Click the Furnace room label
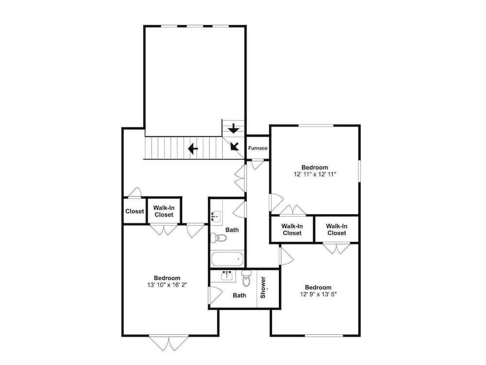pyautogui.click(x=258, y=148)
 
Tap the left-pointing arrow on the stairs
pyautogui.click(x=193, y=148)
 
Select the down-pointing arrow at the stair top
pyautogui.click(x=233, y=128)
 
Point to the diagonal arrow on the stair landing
pyautogui.click(x=235, y=146)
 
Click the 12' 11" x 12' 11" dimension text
pyautogui.click(x=315, y=174)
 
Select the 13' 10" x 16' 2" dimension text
pyautogui.click(x=167, y=285)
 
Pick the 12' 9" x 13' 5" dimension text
pyautogui.click(x=318, y=294)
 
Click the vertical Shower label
pyautogui.click(x=263, y=288)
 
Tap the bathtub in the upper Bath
pyautogui.click(x=227, y=258)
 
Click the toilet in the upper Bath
pyautogui.click(x=219, y=238)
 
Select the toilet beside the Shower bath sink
pyautogui.click(x=246, y=278)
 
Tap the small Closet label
pyautogui.click(x=135, y=211)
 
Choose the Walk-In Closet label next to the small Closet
pyautogui.click(x=164, y=211)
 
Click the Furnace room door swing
pyautogui.click(x=257, y=164)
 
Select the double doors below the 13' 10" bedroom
pyautogui.click(x=169, y=343)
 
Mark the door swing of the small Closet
pyautogui.click(x=135, y=192)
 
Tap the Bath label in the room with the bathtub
pyautogui.click(x=232, y=230)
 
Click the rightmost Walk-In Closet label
pyautogui.click(x=337, y=230)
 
